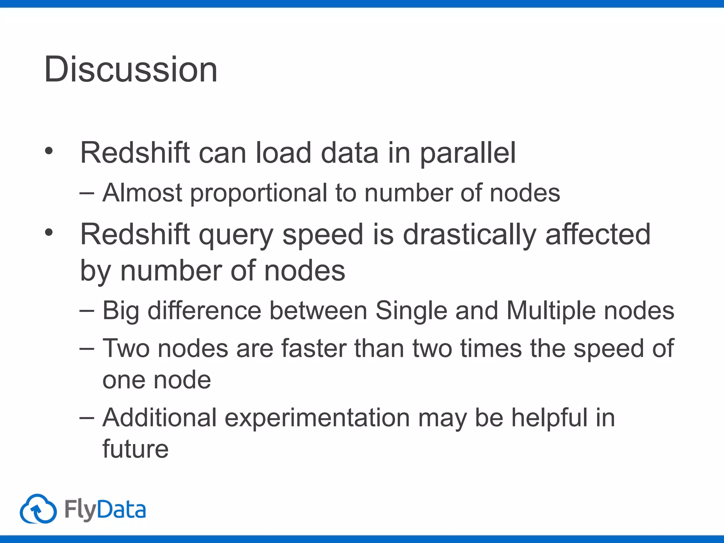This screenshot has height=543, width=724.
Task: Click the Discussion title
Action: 130,70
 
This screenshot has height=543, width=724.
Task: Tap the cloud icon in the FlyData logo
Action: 38,509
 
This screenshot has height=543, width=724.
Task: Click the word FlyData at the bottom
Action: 105,510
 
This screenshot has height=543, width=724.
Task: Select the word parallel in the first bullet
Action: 467,154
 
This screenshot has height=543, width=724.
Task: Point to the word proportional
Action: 259,194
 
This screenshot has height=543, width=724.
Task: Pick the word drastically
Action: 469,235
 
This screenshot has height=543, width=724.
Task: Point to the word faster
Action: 314,349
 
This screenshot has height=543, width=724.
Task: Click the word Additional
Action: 159,418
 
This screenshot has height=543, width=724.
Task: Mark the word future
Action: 135,449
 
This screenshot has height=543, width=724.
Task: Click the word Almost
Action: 142,193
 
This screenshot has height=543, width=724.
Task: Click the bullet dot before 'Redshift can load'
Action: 49,151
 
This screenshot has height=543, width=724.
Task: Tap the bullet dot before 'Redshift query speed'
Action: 49,233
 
